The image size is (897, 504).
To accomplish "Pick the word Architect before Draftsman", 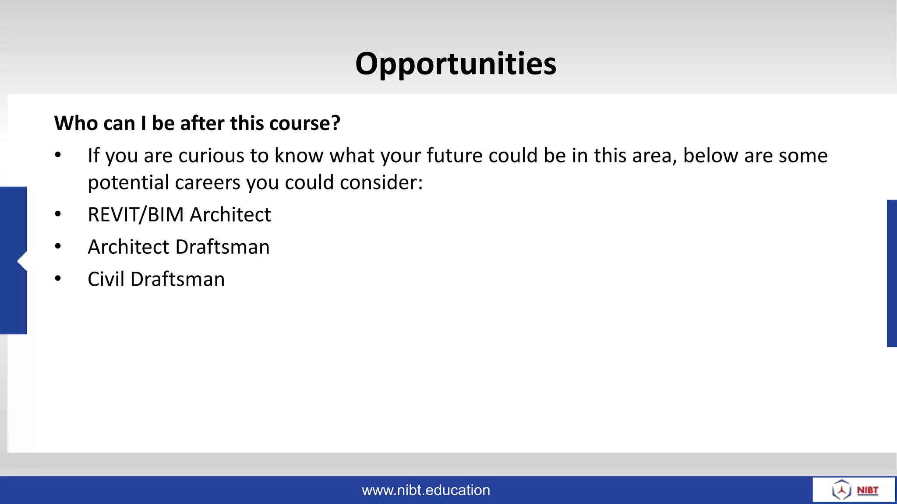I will point(128,247).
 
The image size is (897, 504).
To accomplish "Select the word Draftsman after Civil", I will point(177,280).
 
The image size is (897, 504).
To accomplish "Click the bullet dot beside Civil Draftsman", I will point(58,279).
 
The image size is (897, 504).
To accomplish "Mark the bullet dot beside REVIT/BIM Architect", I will point(58,214).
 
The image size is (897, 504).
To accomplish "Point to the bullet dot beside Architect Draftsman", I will point(58,246).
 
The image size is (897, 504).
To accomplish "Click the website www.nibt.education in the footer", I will point(426,490).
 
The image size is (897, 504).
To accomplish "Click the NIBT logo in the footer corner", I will point(854,490).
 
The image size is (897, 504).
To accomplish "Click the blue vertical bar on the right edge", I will point(892,273).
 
